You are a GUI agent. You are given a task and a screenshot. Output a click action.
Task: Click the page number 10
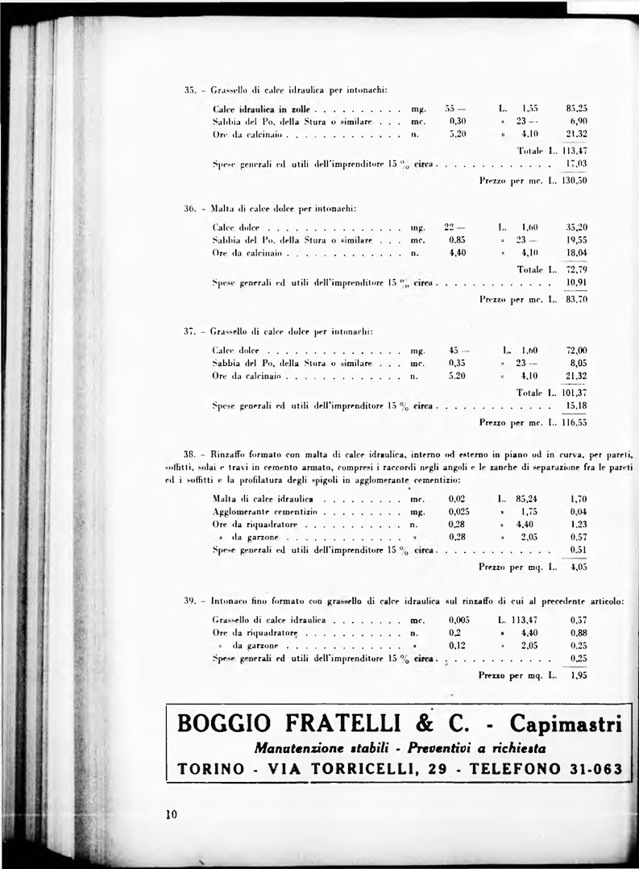click(171, 814)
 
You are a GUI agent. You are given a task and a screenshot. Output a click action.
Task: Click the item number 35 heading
click(191, 89)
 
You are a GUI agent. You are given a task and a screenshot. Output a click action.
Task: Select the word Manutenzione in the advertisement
click(300, 747)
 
